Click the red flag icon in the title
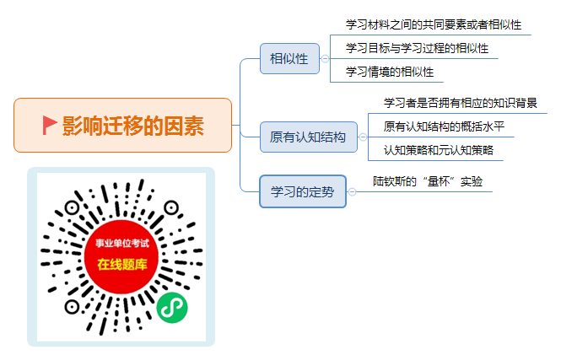(x=50, y=125)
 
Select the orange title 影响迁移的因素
(x=133, y=126)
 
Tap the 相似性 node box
(x=289, y=59)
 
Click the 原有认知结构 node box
(x=309, y=137)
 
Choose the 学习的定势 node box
(x=303, y=191)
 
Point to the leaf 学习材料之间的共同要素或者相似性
(x=434, y=24)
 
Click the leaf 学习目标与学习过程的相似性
(x=417, y=48)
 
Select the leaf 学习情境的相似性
(x=390, y=72)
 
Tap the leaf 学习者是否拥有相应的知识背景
(x=460, y=103)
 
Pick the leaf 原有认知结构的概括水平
(x=444, y=126)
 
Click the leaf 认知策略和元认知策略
(x=439, y=150)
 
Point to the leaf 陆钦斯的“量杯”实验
(x=428, y=181)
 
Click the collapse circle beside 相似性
(x=325, y=59)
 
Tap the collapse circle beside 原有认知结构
(x=363, y=137)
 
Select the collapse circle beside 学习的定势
(x=352, y=192)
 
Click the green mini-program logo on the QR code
(x=172, y=308)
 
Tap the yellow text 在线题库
(x=122, y=265)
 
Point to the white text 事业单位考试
(x=122, y=244)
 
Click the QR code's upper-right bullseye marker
(x=171, y=207)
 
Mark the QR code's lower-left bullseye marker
(x=72, y=307)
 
